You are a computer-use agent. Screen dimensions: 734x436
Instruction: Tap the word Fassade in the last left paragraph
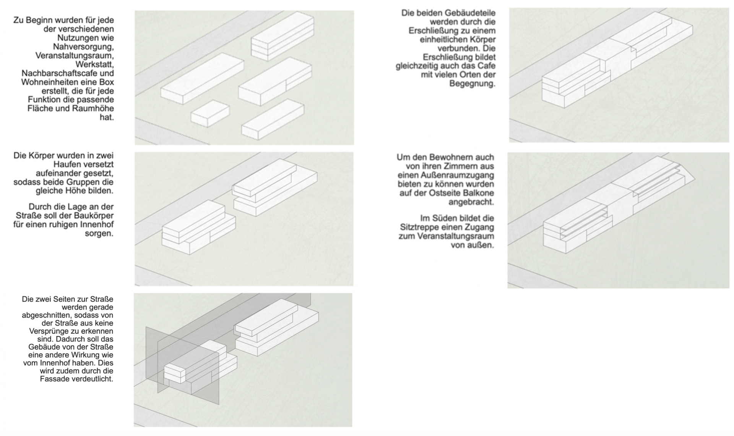click(x=54, y=379)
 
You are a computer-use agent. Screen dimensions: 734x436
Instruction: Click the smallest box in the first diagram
click(x=210, y=113)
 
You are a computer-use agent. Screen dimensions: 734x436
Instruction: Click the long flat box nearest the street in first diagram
click(x=202, y=78)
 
